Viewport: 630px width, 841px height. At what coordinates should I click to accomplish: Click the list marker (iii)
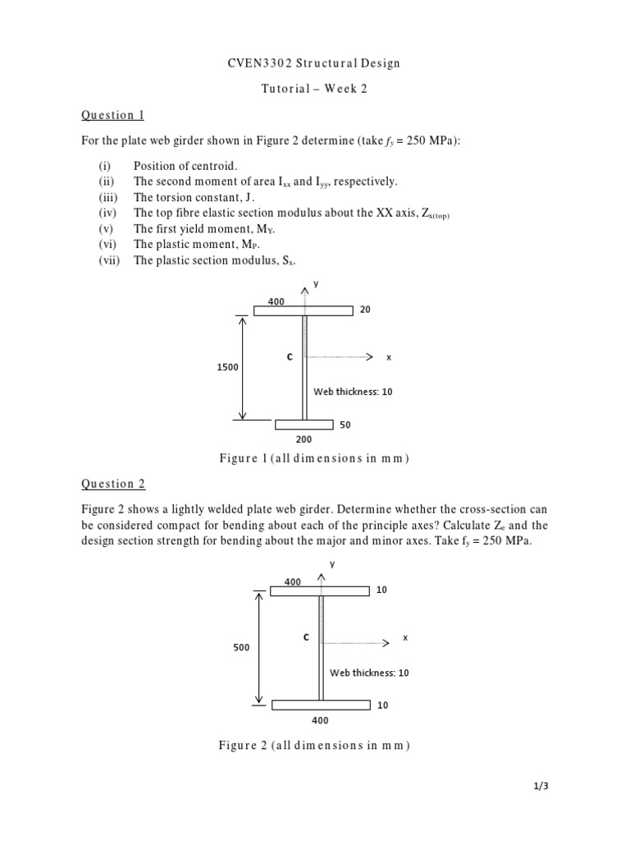click(x=108, y=197)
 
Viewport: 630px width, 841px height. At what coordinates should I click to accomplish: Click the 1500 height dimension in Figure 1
click(x=227, y=367)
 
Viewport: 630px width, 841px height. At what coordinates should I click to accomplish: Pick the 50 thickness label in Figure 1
click(x=345, y=425)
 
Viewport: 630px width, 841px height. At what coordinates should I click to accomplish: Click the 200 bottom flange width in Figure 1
click(x=304, y=439)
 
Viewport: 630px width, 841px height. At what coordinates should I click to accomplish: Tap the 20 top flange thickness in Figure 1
click(x=365, y=310)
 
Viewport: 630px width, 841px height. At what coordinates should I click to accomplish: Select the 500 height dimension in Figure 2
click(x=240, y=647)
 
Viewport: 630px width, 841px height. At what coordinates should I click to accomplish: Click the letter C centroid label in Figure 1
click(x=289, y=357)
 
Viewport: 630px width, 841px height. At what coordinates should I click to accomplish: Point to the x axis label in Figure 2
click(x=405, y=637)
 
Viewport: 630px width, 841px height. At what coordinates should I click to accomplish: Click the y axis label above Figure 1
click(x=315, y=284)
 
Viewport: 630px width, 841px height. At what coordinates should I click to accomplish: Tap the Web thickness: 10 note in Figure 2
click(x=369, y=673)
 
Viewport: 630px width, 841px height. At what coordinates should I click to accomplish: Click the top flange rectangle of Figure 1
click(x=303, y=310)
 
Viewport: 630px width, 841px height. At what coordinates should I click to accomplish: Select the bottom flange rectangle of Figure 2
click(x=320, y=705)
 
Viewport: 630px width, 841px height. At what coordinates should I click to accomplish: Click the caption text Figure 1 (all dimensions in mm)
click(x=314, y=458)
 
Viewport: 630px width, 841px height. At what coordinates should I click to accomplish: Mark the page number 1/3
click(x=541, y=786)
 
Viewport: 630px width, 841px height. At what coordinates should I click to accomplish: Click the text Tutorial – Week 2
click(x=314, y=89)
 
